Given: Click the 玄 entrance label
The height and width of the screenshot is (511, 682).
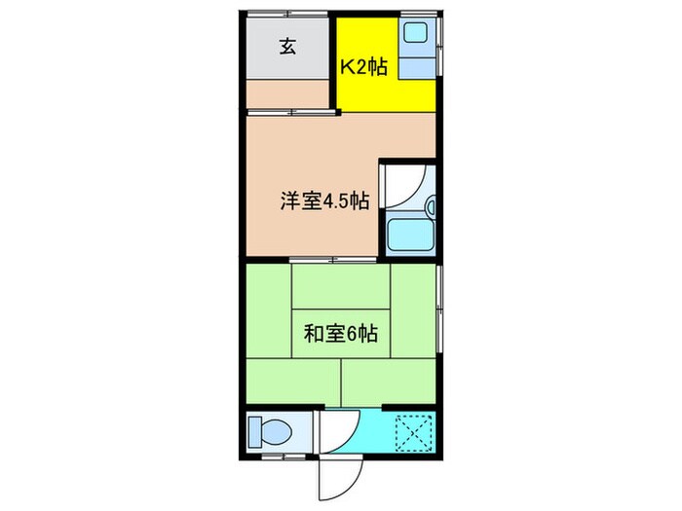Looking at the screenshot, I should click(x=288, y=45).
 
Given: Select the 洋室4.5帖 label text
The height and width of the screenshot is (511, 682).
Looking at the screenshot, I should click(x=324, y=202).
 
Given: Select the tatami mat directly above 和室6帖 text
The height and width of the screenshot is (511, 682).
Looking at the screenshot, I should click(x=341, y=287).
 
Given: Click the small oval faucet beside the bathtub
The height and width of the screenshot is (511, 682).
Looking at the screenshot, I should click(x=430, y=206).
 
